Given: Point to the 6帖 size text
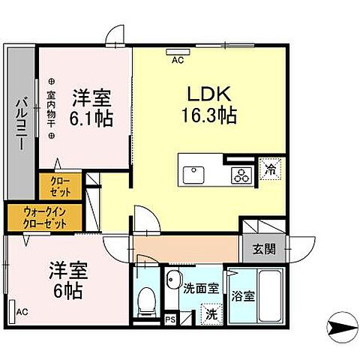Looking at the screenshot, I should coord(64,289).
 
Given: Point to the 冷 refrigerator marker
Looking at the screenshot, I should coord(268,169).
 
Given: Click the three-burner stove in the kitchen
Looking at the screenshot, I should coord(240,176).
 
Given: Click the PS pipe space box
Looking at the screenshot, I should coord(169,318).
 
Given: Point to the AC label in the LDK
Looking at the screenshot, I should coord(178,58).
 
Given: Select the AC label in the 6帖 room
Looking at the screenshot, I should coord(22,311).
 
